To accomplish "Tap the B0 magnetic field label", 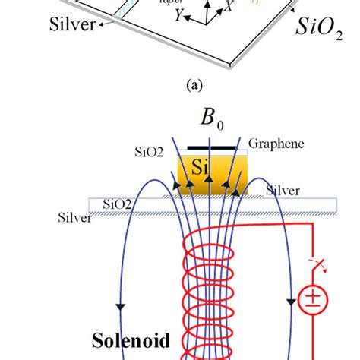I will click(199, 122).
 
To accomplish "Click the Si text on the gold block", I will click(199, 171).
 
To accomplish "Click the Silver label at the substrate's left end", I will click(74, 217).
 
